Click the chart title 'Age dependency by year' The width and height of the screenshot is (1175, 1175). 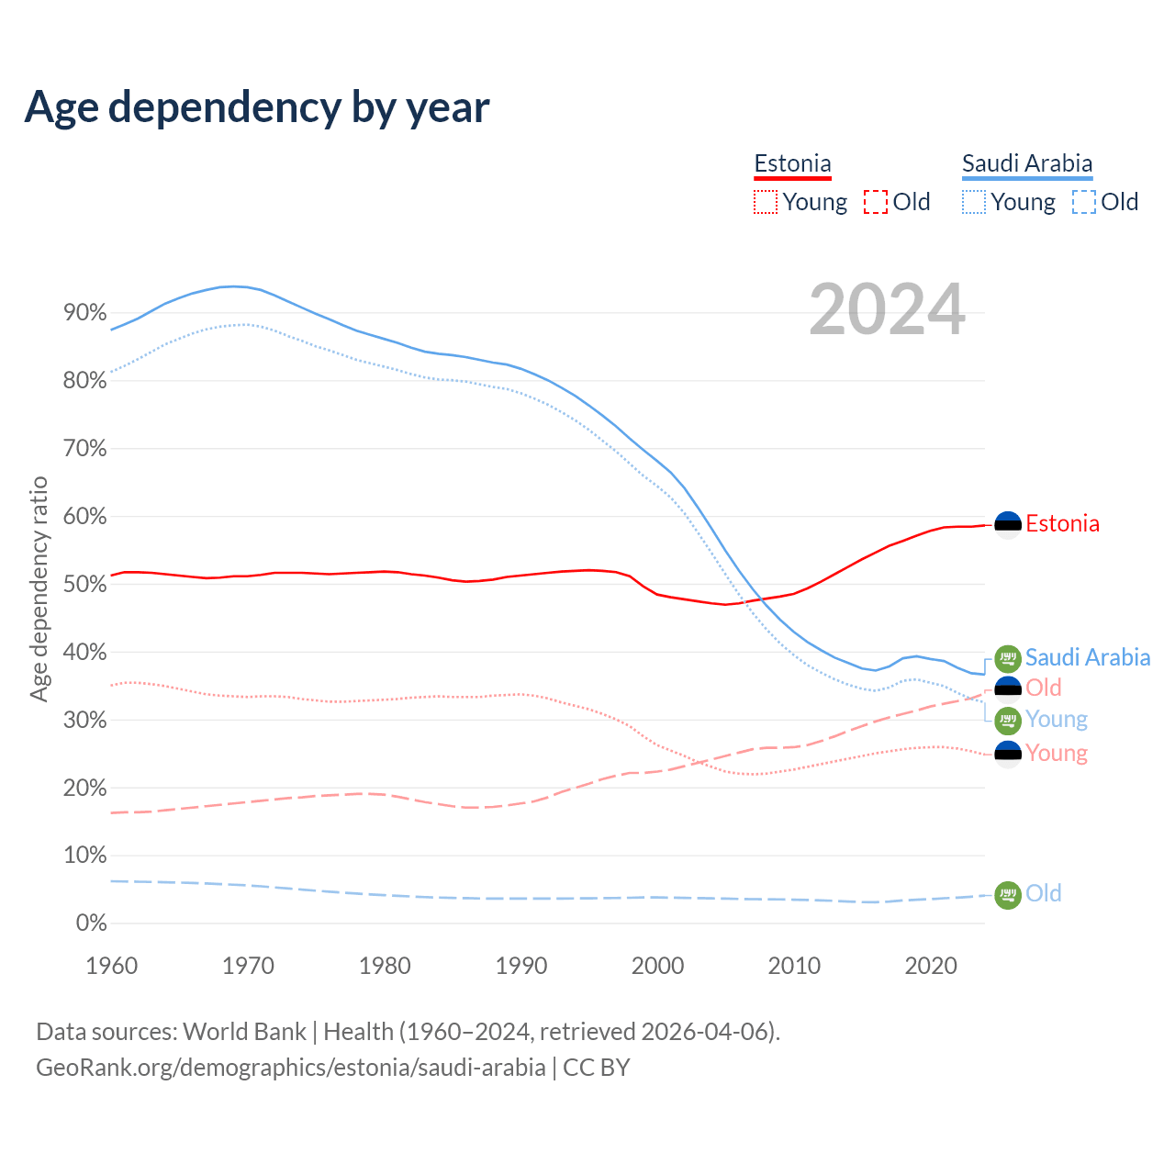[257, 107]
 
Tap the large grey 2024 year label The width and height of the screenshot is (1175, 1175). [887, 310]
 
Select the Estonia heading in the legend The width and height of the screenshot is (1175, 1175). [792, 164]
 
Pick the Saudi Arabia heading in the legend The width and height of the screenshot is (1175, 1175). [1027, 164]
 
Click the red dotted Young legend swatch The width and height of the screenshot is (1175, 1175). [765, 202]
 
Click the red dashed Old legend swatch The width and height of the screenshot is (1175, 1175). [876, 202]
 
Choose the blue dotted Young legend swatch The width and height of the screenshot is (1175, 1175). [974, 202]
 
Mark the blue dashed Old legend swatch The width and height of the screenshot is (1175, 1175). [1084, 202]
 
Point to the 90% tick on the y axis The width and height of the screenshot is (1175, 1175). [85, 313]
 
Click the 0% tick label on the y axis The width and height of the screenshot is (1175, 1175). [91, 923]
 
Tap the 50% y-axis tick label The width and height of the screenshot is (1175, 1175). [85, 585]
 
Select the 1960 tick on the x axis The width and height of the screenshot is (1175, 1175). [111, 966]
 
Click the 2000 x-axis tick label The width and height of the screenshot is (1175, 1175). [658, 966]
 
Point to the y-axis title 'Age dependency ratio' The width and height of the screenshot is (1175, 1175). [39, 588]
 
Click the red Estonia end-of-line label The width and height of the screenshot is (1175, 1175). [1062, 524]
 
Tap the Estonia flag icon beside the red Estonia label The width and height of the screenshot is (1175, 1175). [1008, 524]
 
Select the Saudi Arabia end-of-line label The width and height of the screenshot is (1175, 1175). [1088, 657]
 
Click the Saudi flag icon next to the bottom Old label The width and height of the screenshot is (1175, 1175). [1008, 894]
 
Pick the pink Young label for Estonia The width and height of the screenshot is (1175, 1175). [1057, 754]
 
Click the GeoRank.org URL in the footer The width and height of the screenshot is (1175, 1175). [291, 1068]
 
